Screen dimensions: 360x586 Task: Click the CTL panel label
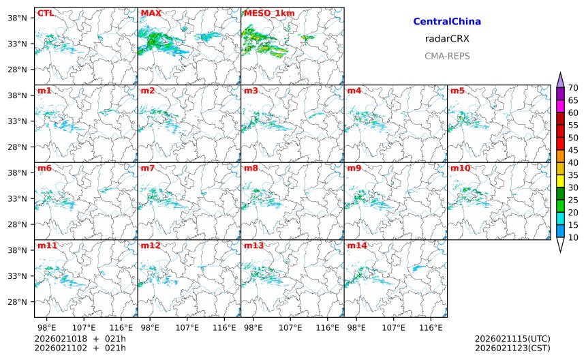(x=45, y=13)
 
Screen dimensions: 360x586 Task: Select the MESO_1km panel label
(x=266, y=13)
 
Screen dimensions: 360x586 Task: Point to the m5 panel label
(x=457, y=91)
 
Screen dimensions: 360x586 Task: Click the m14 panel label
(x=356, y=245)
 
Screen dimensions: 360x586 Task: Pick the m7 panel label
(x=148, y=168)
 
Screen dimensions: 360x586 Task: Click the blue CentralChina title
(x=447, y=22)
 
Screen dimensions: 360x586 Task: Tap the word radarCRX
(x=447, y=39)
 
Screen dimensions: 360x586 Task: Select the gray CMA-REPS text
(x=447, y=56)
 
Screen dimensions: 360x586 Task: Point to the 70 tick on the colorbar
(x=573, y=87)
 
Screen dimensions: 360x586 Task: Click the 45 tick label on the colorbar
(x=573, y=150)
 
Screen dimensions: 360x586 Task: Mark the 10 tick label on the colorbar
(x=573, y=237)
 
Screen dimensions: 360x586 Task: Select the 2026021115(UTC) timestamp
(x=512, y=339)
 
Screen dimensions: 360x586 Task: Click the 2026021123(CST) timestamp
(x=512, y=348)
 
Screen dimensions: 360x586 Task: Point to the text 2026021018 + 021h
(x=80, y=339)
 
